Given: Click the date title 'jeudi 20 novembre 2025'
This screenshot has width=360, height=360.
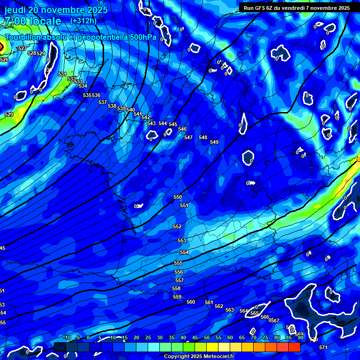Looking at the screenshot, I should pyautogui.click(x=56, y=10).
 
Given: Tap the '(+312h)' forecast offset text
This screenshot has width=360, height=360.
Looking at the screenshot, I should pyautogui.click(x=83, y=21).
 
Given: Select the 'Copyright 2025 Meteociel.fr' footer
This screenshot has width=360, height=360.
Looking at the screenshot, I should pyautogui.click(x=199, y=356).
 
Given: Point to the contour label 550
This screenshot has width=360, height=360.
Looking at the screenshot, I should pyautogui.click(x=178, y=197).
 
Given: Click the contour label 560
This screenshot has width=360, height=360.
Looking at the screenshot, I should pyautogui.click(x=191, y=302).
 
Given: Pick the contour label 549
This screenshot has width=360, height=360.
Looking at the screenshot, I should pyautogui.click(x=214, y=142).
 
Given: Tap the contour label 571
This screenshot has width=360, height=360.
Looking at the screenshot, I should pyautogui.click(x=323, y=347).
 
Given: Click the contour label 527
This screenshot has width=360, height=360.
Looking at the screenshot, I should pyautogui.click(x=22, y=49).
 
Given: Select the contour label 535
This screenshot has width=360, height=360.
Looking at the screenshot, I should pyautogui.click(x=87, y=95).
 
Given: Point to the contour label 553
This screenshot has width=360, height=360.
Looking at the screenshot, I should pyautogui.click(x=182, y=240).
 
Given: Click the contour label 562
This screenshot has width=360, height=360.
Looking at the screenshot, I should pyautogui.click(x=219, y=306).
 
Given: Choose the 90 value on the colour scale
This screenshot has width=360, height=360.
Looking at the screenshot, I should pyautogui.click(x=300, y=337).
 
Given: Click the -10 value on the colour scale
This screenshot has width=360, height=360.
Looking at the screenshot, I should pyautogui.click(x=67, y=337).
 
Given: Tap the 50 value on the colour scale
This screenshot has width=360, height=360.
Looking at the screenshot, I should pyautogui.click(x=207, y=337).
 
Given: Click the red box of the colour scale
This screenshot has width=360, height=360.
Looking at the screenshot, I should pyautogui.click(x=294, y=347).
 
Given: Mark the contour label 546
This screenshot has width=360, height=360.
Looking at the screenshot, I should pyautogui.click(x=182, y=129).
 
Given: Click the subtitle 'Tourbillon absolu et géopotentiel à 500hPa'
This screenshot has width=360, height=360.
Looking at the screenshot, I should pyautogui.click(x=81, y=37).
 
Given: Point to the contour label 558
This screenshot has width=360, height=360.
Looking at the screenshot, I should pyautogui.click(x=176, y=288).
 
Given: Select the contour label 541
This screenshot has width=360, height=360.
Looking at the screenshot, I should pyautogui.click(x=137, y=114).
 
